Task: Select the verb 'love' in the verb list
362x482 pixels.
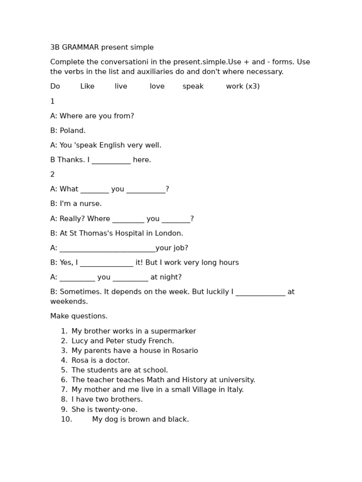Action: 157,87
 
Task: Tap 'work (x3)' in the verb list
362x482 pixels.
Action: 243,87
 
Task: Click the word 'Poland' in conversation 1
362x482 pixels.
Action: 72,131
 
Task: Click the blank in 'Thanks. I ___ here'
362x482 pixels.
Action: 111,161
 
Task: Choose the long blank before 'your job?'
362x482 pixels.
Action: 107,249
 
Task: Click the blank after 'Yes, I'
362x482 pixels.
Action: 107,263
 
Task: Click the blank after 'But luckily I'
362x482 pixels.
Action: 260,292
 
